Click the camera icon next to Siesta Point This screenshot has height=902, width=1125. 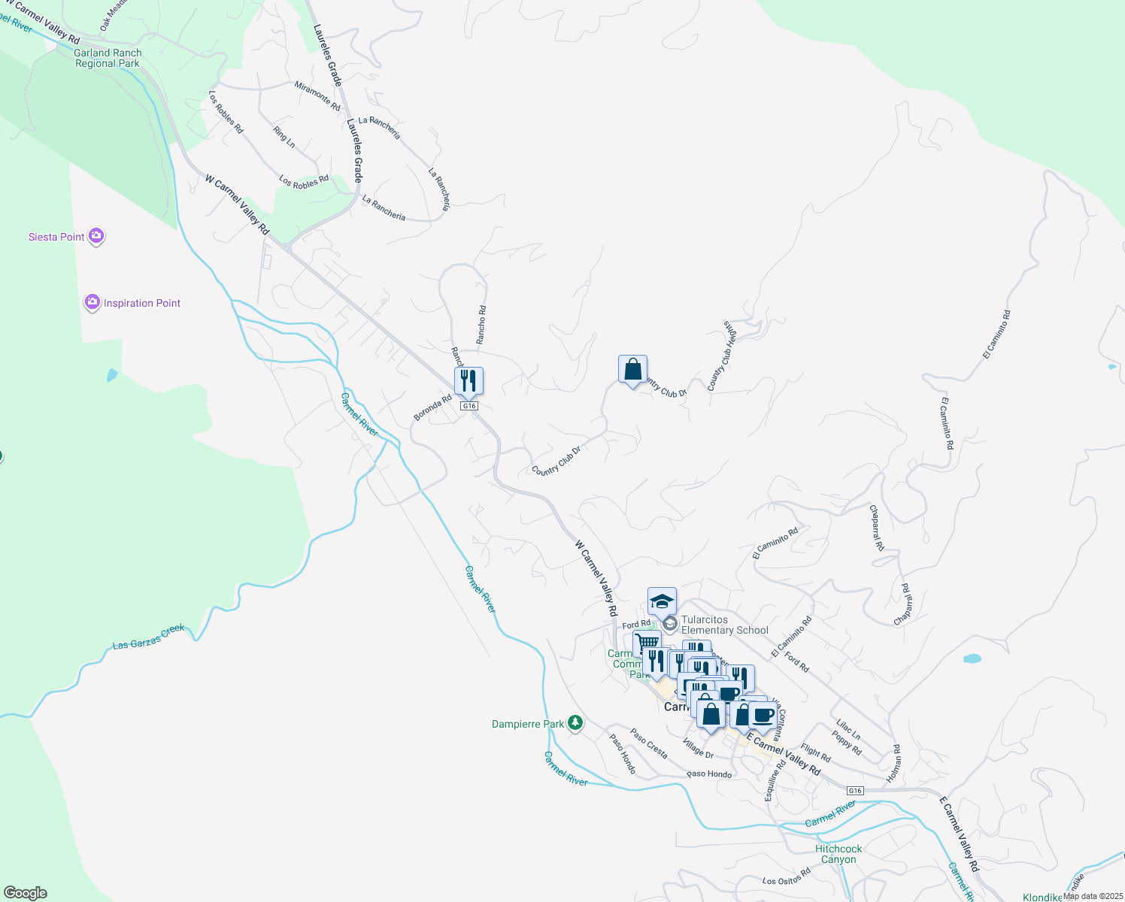click(x=96, y=237)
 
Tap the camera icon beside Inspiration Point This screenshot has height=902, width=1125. click(x=92, y=303)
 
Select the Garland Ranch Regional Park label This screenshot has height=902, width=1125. click(x=108, y=58)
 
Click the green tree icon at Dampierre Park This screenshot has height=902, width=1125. click(x=575, y=723)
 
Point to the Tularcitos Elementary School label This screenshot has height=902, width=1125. click(x=724, y=625)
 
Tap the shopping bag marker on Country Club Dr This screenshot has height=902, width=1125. click(x=632, y=370)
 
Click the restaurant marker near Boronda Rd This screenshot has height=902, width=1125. click(x=468, y=381)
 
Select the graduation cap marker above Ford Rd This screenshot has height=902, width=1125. click(x=662, y=602)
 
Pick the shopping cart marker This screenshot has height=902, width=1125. click(x=647, y=643)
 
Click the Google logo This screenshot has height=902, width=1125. click(x=26, y=892)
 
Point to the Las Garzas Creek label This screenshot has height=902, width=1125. click(x=148, y=637)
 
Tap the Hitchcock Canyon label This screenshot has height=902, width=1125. click(x=838, y=854)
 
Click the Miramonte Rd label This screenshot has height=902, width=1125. click(x=317, y=96)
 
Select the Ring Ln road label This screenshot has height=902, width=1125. click(x=284, y=136)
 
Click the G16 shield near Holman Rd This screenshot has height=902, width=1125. click(x=854, y=791)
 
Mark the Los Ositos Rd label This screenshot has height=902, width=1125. click(x=787, y=876)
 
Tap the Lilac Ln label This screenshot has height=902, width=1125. click(x=848, y=730)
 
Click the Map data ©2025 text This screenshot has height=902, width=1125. click(x=1093, y=896)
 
